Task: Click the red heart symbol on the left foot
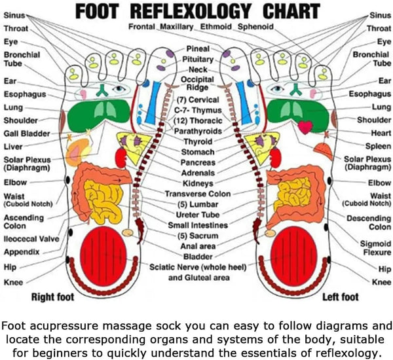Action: coord(305,126)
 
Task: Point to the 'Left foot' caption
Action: coord(341,298)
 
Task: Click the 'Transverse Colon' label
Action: coord(198,194)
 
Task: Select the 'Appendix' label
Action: coord(22,252)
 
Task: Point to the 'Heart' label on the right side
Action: coord(381,133)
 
